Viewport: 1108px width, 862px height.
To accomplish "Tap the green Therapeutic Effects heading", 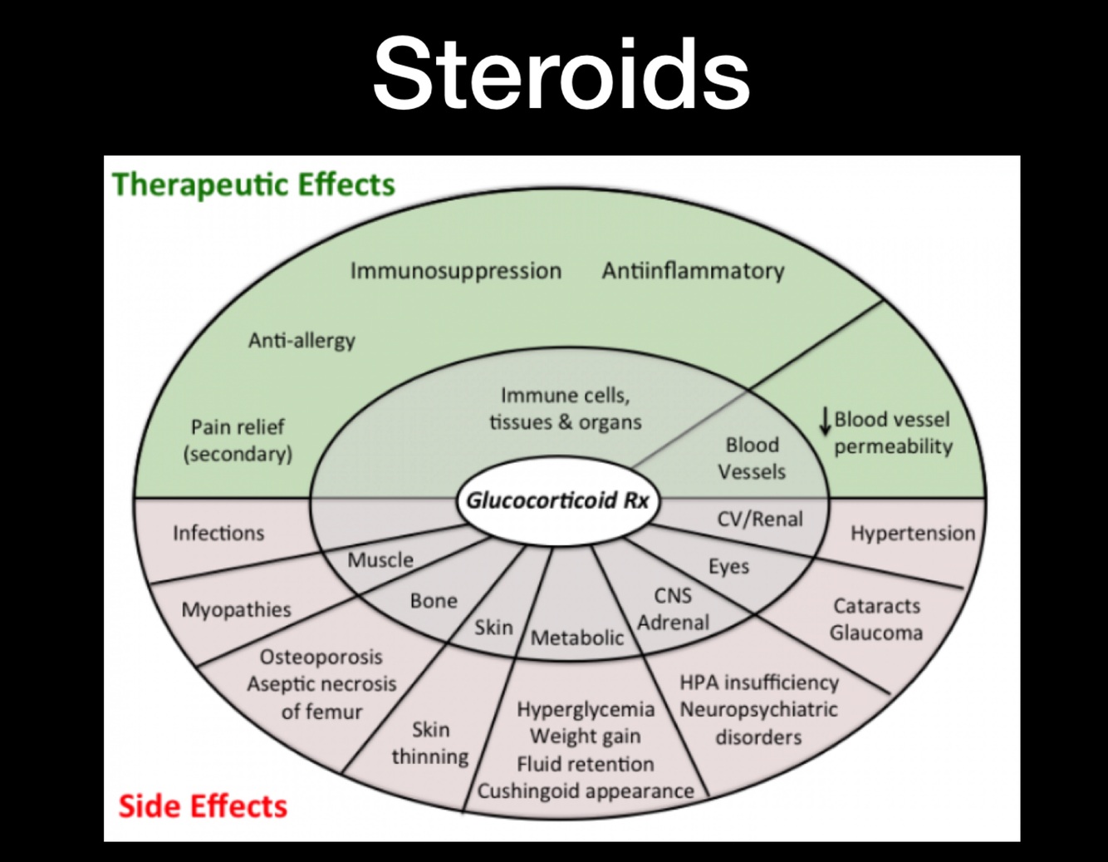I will coord(253,185).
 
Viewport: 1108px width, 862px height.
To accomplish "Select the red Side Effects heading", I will coord(203,805).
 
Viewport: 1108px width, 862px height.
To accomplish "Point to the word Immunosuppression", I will coord(455,271).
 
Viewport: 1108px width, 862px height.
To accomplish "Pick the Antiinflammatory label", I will coord(693,271).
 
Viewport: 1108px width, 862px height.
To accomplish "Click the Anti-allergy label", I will coord(302,340).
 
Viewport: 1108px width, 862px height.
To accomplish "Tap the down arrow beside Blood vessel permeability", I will coord(825,421).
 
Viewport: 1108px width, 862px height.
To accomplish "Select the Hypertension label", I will coord(912,533).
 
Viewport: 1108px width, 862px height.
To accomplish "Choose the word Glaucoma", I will coord(875,633).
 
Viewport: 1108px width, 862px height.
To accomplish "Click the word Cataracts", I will coord(876,606).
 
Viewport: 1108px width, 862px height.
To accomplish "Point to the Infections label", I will coord(218,533).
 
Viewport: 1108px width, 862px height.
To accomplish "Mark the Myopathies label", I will coord(236,609).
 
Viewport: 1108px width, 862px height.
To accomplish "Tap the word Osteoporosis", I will coord(321,657).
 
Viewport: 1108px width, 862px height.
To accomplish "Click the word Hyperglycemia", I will coord(586,709).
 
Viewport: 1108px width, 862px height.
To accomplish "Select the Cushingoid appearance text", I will coord(586,791).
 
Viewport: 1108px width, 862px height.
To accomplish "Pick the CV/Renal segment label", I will coord(760,520).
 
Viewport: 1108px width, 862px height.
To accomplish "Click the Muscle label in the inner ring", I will coord(380,559).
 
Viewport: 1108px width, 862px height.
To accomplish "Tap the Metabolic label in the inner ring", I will coord(577,638).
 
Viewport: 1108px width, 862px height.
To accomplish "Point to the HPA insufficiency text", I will coord(758,682).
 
